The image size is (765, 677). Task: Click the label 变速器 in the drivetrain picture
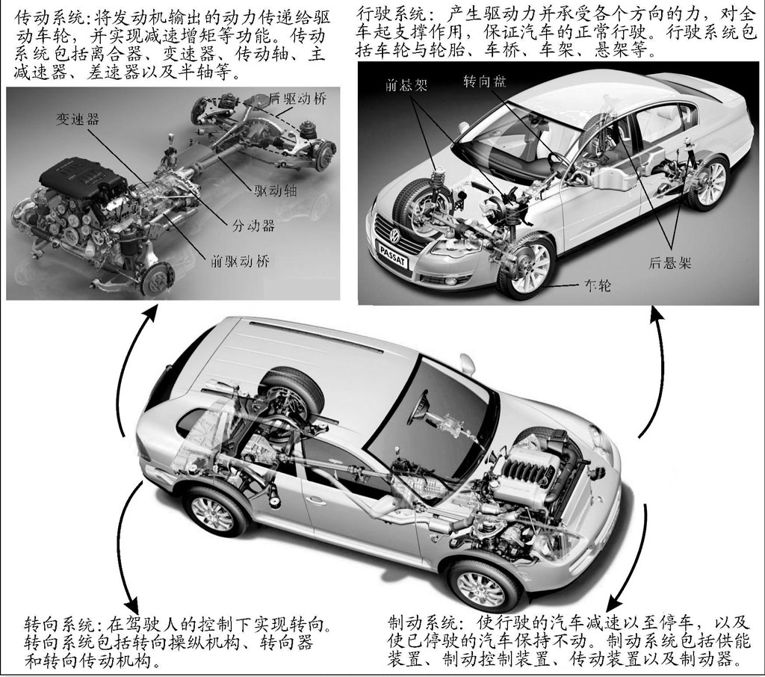pyautogui.click(x=77, y=119)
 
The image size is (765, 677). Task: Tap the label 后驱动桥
pyautogui.click(x=297, y=99)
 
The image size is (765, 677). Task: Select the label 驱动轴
pyautogui.click(x=275, y=191)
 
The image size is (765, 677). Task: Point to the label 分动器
pyautogui.click(x=253, y=226)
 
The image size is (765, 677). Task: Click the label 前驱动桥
pyautogui.click(x=240, y=262)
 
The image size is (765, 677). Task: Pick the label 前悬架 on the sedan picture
pyautogui.click(x=406, y=86)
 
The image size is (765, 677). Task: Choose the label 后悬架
pyautogui.click(x=670, y=263)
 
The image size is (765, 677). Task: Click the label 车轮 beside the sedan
pyautogui.click(x=597, y=285)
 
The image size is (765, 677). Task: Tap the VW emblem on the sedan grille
pyautogui.click(x=394, y=237)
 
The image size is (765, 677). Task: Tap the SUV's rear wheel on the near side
pyautogui.click(x=213, y=514)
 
